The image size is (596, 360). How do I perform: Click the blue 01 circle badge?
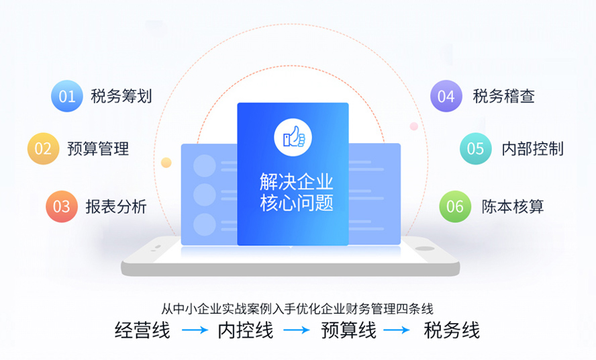coord(67,96)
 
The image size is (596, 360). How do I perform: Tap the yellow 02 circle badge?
coord(44,148)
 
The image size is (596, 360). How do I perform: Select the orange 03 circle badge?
coord(62,206)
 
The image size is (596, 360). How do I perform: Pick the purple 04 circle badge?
coord(446,96)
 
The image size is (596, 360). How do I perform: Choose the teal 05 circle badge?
coord(475,148)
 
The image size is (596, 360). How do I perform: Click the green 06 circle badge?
coord(455,206)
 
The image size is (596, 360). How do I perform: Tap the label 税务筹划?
coord(121,96)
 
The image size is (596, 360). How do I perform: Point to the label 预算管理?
coord(98,148)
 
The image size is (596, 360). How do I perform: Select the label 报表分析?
coord(116,206)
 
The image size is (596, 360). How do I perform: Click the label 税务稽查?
coord(503,96)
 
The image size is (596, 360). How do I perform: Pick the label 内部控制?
coord(532,148)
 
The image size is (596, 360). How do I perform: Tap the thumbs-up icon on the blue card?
coord(293,137)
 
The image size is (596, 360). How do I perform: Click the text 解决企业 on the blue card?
coord(296,181)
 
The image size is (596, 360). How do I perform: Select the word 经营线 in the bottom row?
coord(142,330)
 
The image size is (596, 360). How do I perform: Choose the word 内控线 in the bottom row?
coord(246,330)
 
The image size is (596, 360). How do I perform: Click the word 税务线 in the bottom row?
coord(452,330)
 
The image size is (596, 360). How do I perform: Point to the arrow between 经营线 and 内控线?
coord(195,330)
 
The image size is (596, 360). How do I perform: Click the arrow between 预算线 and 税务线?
coord(396,330)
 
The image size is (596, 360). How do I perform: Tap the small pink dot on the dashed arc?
coord(414,126)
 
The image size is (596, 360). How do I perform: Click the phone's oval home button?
coord(425,249)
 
